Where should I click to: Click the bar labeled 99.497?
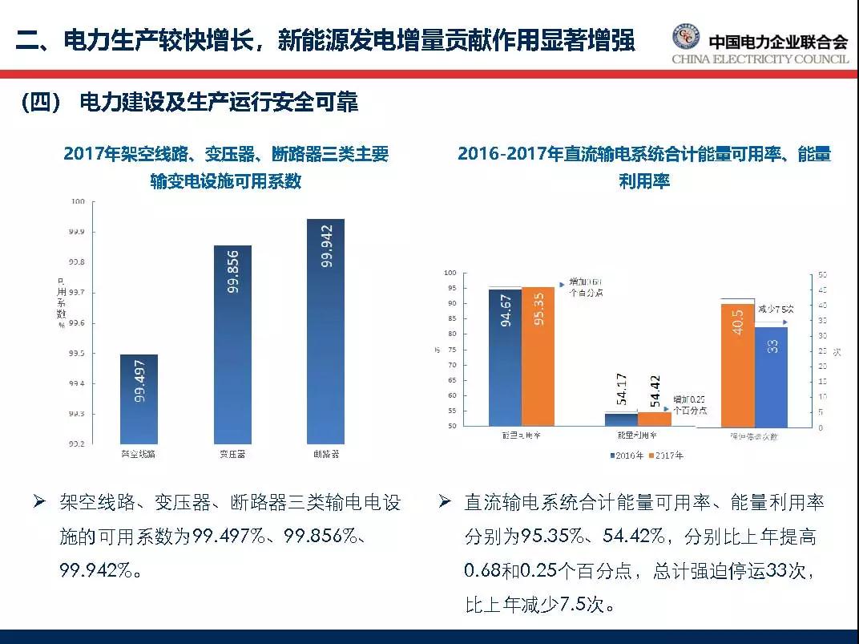pos(139,399)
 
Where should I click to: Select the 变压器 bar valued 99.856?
pos(232,344)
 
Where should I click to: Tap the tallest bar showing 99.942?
pos(325,330)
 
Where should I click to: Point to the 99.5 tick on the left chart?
pos(75,354)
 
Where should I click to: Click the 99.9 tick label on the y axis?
pos(75,232)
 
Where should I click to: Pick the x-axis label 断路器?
pos(325,454)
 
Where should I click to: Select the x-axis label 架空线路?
pos(138,454)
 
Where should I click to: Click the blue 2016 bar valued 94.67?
pos(505,357)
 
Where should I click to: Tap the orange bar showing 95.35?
pos(538,356)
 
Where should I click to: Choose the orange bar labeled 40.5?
pos(737,365)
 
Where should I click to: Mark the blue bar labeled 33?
pos(771,376)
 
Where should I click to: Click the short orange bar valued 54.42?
pos(655,419)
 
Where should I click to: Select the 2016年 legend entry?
pos(627,456)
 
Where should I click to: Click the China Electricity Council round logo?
pos(686,38)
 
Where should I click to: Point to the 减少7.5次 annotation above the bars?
pos(775,308)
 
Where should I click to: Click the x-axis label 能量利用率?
pos(638,435)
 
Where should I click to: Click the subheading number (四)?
pos(41,102)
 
